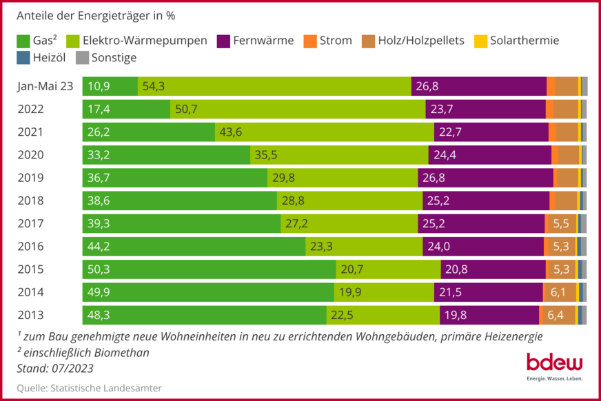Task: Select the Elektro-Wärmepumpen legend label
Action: click(145, 41)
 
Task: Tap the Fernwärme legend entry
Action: click(263, 41)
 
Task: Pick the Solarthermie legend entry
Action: click(524, 41)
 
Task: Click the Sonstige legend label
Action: click(114, 58)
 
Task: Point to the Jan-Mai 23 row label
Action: click(45, 86)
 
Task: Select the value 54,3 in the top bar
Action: click(153, 86)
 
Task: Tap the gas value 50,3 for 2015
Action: click(99, 269)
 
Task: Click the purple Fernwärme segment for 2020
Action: click(489, 155)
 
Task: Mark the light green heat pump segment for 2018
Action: click(349, 200)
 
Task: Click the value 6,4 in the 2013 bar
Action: click(556, 314)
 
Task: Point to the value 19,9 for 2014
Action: click(349, 291)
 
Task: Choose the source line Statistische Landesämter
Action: click(90, 388)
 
